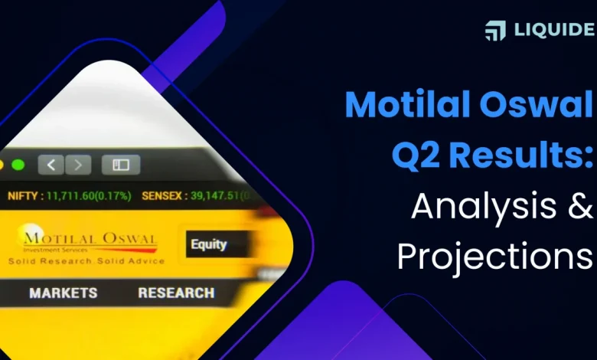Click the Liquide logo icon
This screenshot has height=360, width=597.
click(495, 31)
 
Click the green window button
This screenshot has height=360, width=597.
click(18, 165)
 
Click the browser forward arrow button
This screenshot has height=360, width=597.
click(79, 164)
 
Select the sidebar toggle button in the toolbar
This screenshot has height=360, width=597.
click(121, 164)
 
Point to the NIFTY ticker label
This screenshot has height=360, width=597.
click(23, 196)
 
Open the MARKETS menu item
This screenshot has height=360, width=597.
click(63, 293)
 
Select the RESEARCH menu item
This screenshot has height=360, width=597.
click(176, 293)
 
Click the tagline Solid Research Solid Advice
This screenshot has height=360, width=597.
click(86, 260)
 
